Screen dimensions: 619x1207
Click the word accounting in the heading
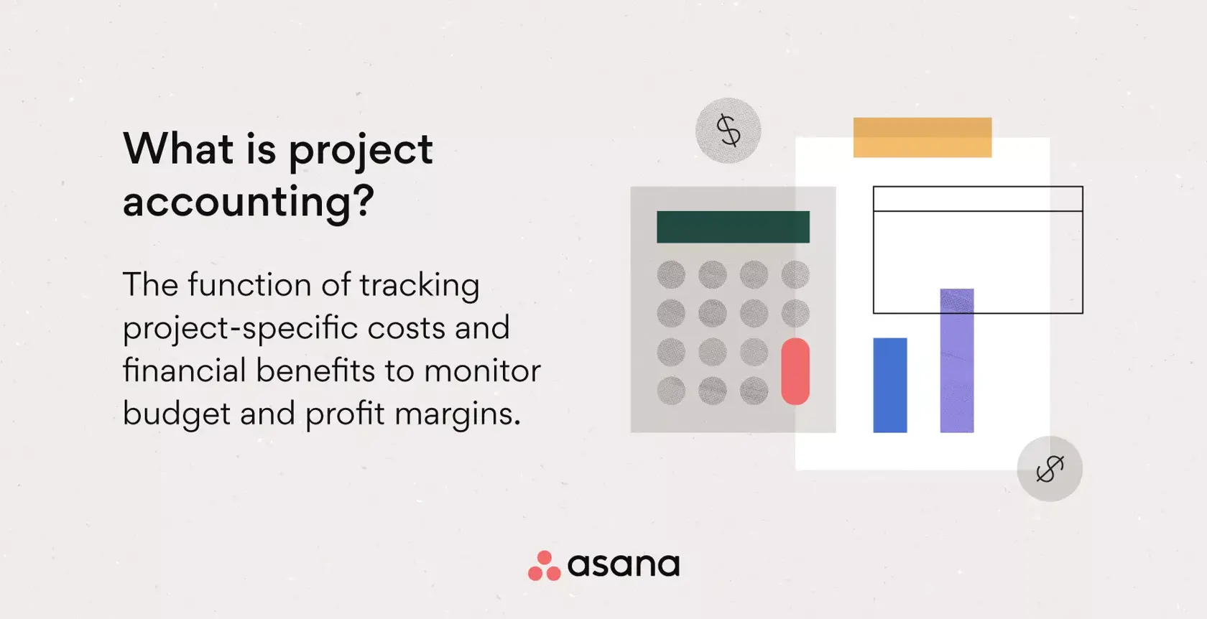click(x=237, y=202)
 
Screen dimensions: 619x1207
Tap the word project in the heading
click(x=361, y=151)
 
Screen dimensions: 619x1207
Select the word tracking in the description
click(x=419, y=286)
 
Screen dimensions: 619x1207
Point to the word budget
click(x=176, y=414)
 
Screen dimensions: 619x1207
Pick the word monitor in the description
click(x=482, y=371)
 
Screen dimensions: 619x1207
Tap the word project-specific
click(x=240, y=329)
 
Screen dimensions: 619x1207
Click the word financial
click(x=185, y=371)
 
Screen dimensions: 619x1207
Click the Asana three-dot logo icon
click(x=544, y=566)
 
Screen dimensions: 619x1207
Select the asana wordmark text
click(x=624, y=565)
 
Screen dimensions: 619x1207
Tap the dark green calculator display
click(x=733, y=227)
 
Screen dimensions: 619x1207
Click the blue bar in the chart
click(x=889, y=385)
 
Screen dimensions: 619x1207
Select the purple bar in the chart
click(x=956, y=360)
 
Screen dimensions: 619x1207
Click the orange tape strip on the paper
click(x=922, y=137)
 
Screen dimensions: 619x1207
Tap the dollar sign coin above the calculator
click(x=728, y=131)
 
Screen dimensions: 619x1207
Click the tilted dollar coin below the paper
click(x=1049, y=468)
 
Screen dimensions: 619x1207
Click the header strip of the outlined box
click(x=977, y=199)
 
